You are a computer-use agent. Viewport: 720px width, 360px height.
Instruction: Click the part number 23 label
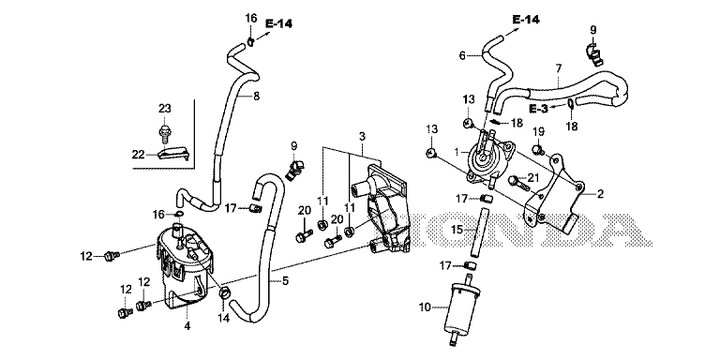coord(165,109)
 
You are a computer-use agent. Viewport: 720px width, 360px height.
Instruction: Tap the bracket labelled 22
coord(173,154)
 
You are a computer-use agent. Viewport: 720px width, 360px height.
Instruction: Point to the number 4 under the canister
coord(187,326)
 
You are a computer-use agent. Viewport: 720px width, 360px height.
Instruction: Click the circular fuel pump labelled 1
coord(486,158)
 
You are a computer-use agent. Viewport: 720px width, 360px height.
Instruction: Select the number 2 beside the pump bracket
coord(600,194)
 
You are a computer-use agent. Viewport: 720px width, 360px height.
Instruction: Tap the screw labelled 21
coord(518,183)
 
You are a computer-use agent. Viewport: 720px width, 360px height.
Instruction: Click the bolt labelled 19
coord(538,149)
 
